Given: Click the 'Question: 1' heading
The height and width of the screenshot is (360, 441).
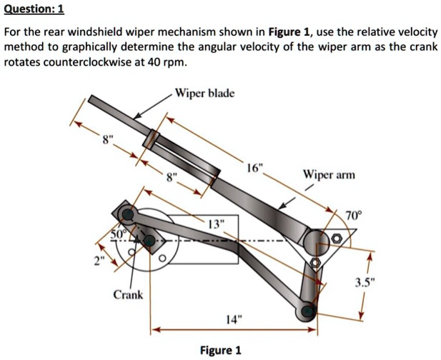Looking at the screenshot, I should click(34, 9).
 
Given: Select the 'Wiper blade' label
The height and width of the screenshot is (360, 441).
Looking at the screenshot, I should click(204, 94).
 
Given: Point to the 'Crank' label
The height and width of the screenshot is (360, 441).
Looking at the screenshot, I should click(128, 294).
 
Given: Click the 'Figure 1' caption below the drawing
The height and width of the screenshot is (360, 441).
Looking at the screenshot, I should click(220, 350).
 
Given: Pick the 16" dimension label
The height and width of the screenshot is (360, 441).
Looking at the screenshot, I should click(255, 169).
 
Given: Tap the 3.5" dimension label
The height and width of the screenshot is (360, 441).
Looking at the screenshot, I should click(381, 280).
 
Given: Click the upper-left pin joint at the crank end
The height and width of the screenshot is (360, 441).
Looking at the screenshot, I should click(127, 214).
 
